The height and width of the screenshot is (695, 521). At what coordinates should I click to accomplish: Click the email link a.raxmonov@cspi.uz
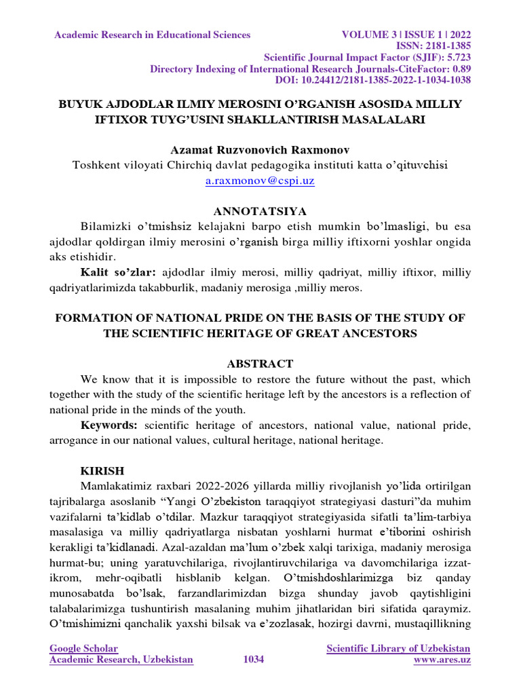(x=260, y=181)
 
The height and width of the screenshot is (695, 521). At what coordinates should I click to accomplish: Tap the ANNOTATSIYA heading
(x=260, y=212)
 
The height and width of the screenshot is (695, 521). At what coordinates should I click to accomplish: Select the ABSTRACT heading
(x=260, y=364)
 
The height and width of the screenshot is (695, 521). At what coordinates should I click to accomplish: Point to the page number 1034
(x=253, y=660)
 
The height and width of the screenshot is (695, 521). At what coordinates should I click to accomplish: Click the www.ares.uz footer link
(x=442, y=660)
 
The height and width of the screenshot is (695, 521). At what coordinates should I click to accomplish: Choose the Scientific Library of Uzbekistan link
(x=398, y=648)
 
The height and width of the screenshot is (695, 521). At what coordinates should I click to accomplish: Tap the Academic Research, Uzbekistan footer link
(x=121, y=660)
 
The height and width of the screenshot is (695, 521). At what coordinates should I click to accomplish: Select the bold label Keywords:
(x=109, y=425)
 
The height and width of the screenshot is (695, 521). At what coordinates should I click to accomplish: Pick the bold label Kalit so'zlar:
(x=118, y=273)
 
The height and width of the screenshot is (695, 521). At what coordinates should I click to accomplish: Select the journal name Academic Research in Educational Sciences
(x=153, y=35)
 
